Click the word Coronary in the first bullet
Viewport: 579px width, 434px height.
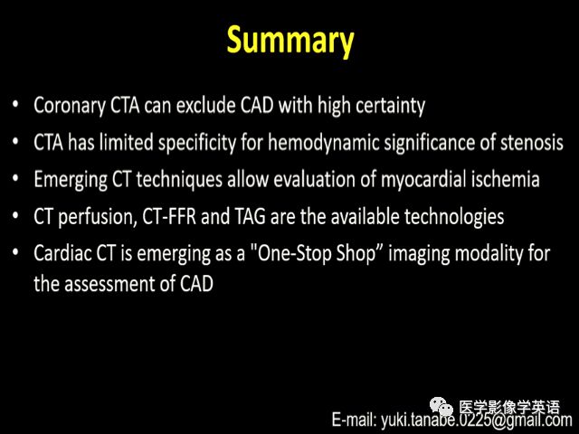coord(70,106)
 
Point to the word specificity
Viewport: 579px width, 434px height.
coord(197,143)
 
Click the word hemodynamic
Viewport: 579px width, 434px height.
coord(324,143)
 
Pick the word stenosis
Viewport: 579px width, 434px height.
coord(532,143)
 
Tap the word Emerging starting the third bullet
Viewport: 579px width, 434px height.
coord(71,180)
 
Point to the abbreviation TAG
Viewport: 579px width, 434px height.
coord(250,216)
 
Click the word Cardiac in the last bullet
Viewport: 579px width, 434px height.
coord(62,253)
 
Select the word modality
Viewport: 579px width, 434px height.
coord(489,254)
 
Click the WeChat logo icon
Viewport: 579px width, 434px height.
coord(441,407)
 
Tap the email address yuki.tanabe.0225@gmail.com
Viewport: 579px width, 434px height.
coord(476,420)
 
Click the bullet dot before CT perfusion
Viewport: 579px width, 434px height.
coord(15,215)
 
